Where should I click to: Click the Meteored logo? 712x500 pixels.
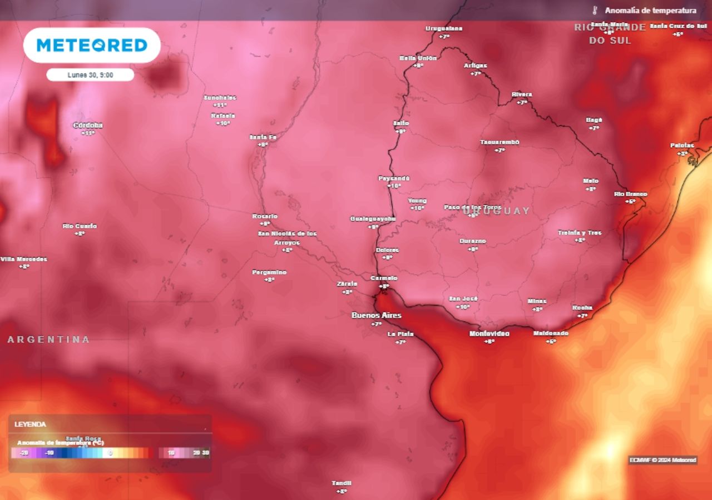coord(92,45)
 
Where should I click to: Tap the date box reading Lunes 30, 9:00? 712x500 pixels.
coord(90,74)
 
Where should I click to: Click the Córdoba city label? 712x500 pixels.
coord(88,126)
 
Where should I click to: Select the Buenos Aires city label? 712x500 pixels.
coord(376,316)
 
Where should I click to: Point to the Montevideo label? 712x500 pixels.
coord(489,334)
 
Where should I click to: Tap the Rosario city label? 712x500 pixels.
coord(265,216)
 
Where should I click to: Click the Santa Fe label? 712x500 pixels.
coord(263,137)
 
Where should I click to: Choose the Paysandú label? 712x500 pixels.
coord(394,178)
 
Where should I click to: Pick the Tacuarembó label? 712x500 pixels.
coord(500,142)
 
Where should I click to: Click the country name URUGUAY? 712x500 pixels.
coord(496,211)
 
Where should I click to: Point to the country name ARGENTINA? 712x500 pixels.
coord(48,339)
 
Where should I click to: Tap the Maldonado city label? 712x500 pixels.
coord(551,333)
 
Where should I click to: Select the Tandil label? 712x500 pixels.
coord(342,483)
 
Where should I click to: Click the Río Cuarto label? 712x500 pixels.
coord(80,226)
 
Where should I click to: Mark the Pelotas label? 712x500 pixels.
coord(682,146)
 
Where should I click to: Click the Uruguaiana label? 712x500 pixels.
coord(444,28)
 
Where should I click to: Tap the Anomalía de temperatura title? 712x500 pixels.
coord(650,11)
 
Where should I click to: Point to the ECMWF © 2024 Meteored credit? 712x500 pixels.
coord(662,460)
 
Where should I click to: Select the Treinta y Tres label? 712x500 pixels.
coord(580,233)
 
